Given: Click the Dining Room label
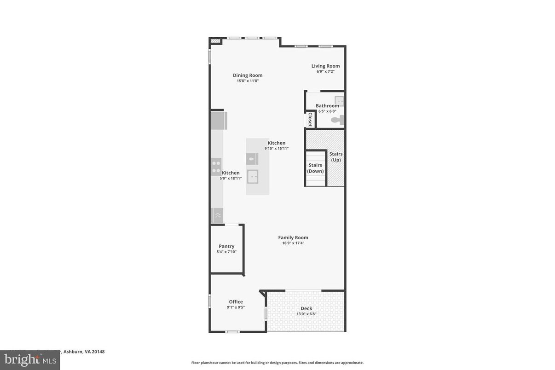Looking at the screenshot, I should (x=248, y=75).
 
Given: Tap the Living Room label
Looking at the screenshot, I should (x=325, y=66).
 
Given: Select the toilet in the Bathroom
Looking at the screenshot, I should (x=338, y=120).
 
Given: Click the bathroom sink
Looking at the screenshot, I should (x=339, y=101).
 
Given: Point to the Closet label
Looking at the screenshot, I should (x=310, y=120).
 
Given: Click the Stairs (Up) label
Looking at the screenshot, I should (x=336, y=157).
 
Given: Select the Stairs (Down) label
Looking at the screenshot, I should (x=315, y=168).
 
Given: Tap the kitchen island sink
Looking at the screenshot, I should (x=252, y=176).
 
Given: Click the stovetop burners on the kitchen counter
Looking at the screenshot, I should (x=216, y=166).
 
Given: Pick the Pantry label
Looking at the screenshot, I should (x=226, y=246).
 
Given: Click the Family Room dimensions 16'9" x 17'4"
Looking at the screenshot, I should (x=293, y=243).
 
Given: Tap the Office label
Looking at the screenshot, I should (x=236, y=302).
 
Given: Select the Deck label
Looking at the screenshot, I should (x=306, y=308).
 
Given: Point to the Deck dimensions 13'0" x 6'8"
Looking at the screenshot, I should (x=306, y=314).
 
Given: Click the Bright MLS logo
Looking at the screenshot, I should (x=29, y=359).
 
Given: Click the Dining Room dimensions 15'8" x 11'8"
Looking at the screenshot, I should (x=248, y=81).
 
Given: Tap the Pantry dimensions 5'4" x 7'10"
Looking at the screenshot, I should (x=226, y=252).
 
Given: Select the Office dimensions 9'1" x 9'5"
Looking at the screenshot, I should (x=236, y=307).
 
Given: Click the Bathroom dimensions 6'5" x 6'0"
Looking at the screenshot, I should (x=327, y=111).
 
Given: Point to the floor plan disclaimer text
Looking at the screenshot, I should (x=277, y=363).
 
